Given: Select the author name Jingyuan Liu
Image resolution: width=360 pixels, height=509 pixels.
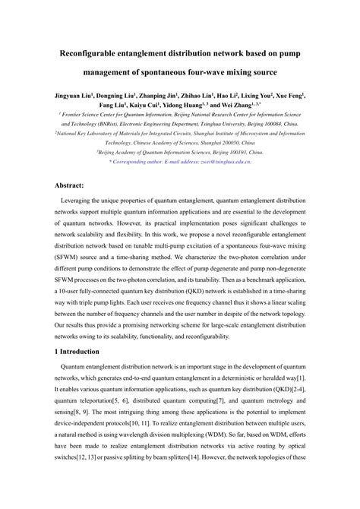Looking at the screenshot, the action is [72, 96].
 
